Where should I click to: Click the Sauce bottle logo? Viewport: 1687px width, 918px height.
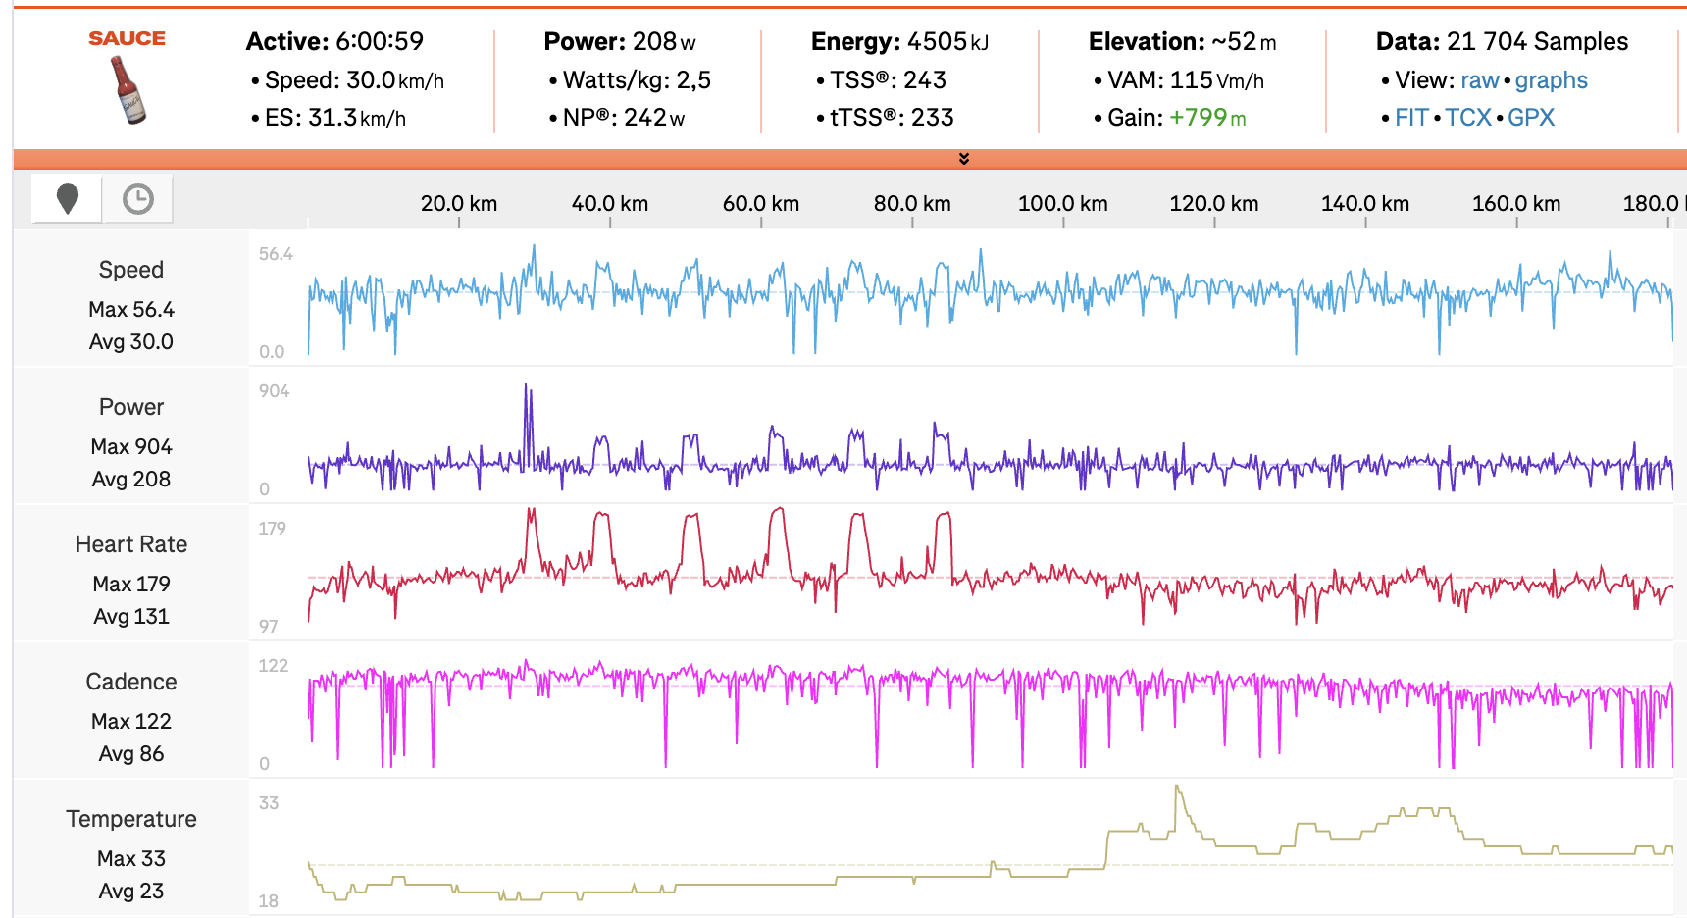coord(128,88)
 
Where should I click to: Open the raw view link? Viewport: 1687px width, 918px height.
coord(1479,80)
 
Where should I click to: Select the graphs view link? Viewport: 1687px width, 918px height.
coord(1551,80)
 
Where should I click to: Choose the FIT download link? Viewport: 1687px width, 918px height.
coord(1411,118)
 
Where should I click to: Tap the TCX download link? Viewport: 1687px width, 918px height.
coord(1467,118)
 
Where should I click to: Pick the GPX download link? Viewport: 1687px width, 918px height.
coord(1531,118)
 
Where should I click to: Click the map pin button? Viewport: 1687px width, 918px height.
coord(67,199)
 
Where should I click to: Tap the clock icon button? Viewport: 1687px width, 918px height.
coord(138,199)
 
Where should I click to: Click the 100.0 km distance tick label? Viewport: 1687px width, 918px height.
coord(1062,203)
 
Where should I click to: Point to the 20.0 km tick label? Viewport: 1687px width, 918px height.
coord(458,203)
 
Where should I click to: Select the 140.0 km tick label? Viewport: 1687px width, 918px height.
coord(1364,203)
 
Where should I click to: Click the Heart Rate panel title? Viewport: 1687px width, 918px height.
coord(131,544)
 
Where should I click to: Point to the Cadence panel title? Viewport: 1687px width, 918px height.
coord(131,682)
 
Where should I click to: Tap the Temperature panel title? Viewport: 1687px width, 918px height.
coord(131,819)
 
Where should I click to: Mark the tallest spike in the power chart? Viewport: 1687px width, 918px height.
coord(526,386)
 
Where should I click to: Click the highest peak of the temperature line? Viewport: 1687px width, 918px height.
coord(1177,787)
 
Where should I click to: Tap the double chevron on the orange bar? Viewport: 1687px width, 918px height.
coord(964,159)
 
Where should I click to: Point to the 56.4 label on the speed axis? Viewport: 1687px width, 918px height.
coord(276,254)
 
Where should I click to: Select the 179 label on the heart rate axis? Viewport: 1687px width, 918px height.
coord(272,529)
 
